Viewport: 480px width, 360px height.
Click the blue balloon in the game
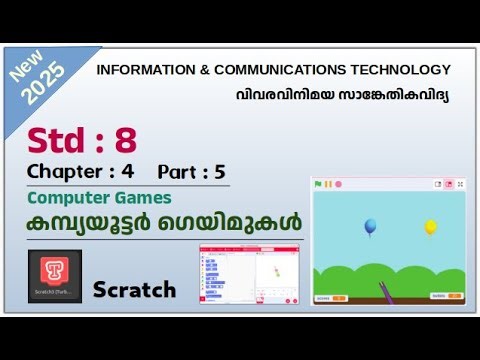370,227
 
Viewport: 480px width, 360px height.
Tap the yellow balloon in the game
431,227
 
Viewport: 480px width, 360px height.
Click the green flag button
318,184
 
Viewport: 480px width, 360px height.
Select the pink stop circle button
339,184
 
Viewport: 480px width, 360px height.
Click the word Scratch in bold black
134,290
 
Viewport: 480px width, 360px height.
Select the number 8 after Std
124,139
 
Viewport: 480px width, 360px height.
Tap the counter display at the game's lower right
446,297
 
